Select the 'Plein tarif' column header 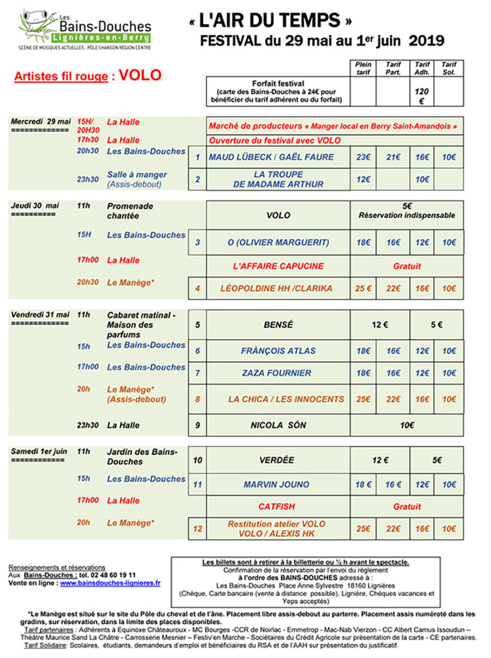tap(363, 68)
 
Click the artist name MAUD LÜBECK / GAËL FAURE tap(271, 157)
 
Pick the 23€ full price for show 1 tap(363, 157)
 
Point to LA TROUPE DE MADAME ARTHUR tap(278, 179)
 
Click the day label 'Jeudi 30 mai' tap(35, 206)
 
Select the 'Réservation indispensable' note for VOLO tap(407, 216)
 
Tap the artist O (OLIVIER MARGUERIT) tap(278, 243)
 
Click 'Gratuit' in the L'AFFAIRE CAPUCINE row tap(407, 266)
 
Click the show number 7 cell tap(198, 373)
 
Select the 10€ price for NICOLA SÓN tap(407, 425)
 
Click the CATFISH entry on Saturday tap(276, 506)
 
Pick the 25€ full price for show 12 tap(363, 529)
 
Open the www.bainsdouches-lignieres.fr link tap(110, 582)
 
